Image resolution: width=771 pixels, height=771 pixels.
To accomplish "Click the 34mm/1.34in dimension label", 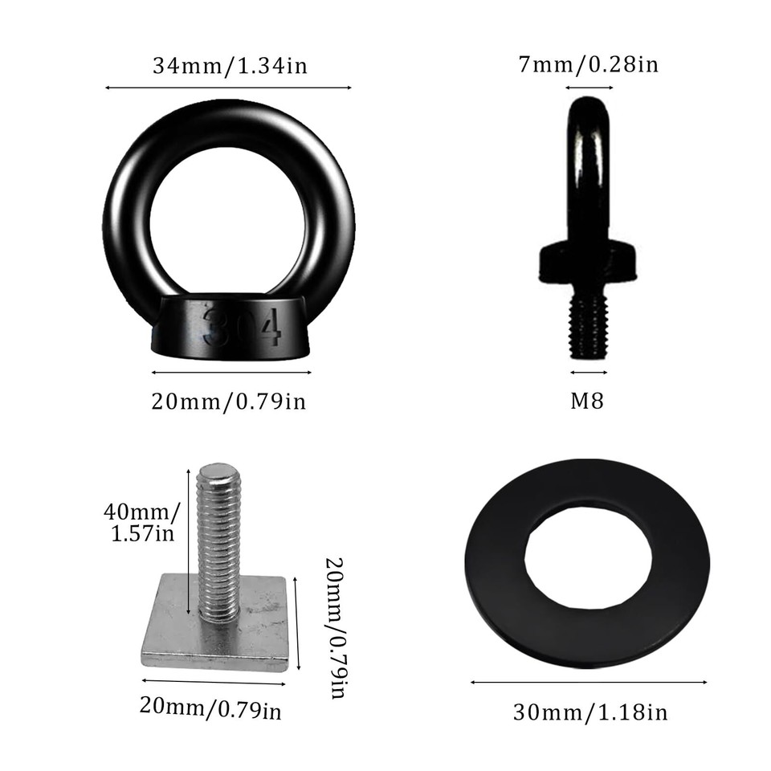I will click(x=230, y=66).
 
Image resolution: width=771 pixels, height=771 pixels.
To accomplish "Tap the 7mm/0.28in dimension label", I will click(x=589, y=64).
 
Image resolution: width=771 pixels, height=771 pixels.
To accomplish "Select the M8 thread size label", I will click(x=587, y=401).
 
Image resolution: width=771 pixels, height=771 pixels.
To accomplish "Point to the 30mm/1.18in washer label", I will click(x=590, y=712).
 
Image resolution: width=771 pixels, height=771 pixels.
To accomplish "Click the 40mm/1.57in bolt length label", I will click(x=141, y=521).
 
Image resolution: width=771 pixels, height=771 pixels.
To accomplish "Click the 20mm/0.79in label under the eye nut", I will click(x=229, y=401).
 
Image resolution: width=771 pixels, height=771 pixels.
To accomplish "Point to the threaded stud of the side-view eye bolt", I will click(x=589, y=326).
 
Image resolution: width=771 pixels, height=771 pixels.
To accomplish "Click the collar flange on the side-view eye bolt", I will click(x=589, y=261).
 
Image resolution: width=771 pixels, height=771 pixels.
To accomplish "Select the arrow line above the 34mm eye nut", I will click(x=229, y=88).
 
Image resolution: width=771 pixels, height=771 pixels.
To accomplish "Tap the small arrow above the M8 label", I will click(x=589, y=372).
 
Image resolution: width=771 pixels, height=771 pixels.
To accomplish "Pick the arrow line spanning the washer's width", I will click(x=589, y=683).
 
